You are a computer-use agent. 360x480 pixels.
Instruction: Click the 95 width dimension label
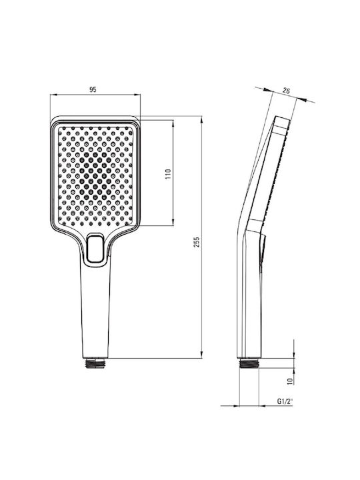coord(93,89)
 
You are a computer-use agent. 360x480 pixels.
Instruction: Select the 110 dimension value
coord(168,174)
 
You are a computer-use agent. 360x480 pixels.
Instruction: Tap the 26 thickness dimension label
coord(286,91)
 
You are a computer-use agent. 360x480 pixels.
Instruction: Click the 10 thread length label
coord(290,381)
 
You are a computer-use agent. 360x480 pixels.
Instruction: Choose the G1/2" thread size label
coord(285,401)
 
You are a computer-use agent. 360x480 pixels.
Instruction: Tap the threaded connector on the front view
coord(95,363)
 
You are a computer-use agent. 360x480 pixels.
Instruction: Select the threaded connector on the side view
coord(249,363)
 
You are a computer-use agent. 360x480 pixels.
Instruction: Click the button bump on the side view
coord(263,249)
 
